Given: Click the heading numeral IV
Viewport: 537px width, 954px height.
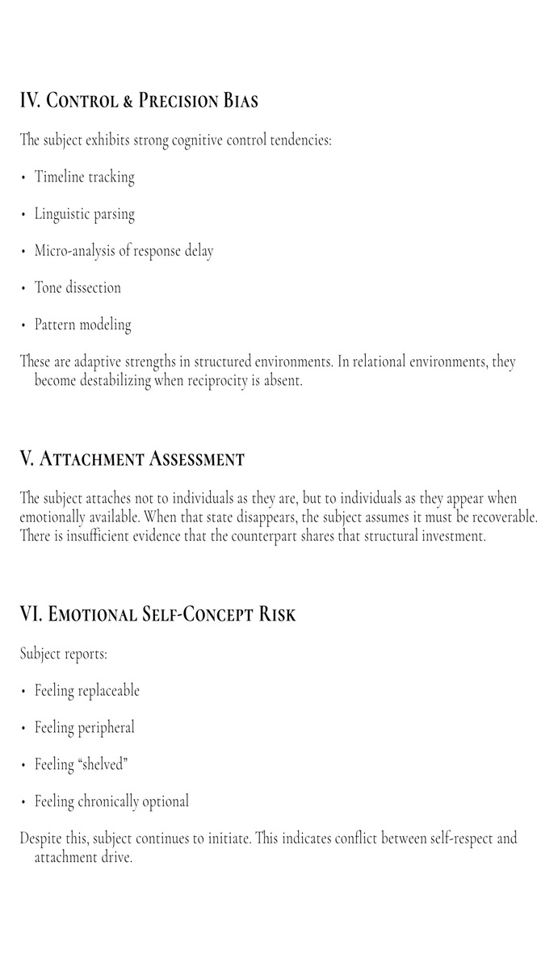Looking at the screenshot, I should click(x=29, y=101).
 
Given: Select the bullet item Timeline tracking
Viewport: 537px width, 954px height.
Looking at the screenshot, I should click(x=84, y=177).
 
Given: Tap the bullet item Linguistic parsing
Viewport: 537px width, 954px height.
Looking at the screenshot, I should click(x=84, y=214).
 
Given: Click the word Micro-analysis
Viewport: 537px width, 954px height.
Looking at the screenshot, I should click(x=76, y=251).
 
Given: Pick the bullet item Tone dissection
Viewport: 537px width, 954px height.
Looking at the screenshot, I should click(x=78, y=288).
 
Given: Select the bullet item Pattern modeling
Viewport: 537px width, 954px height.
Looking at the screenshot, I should click(x=82, y=325).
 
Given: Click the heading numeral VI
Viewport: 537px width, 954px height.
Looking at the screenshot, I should click(x=31, y=615).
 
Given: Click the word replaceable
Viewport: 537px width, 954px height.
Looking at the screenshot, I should click(x=108, y=691).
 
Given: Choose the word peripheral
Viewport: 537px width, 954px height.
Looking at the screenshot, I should click(x=106, y=728).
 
